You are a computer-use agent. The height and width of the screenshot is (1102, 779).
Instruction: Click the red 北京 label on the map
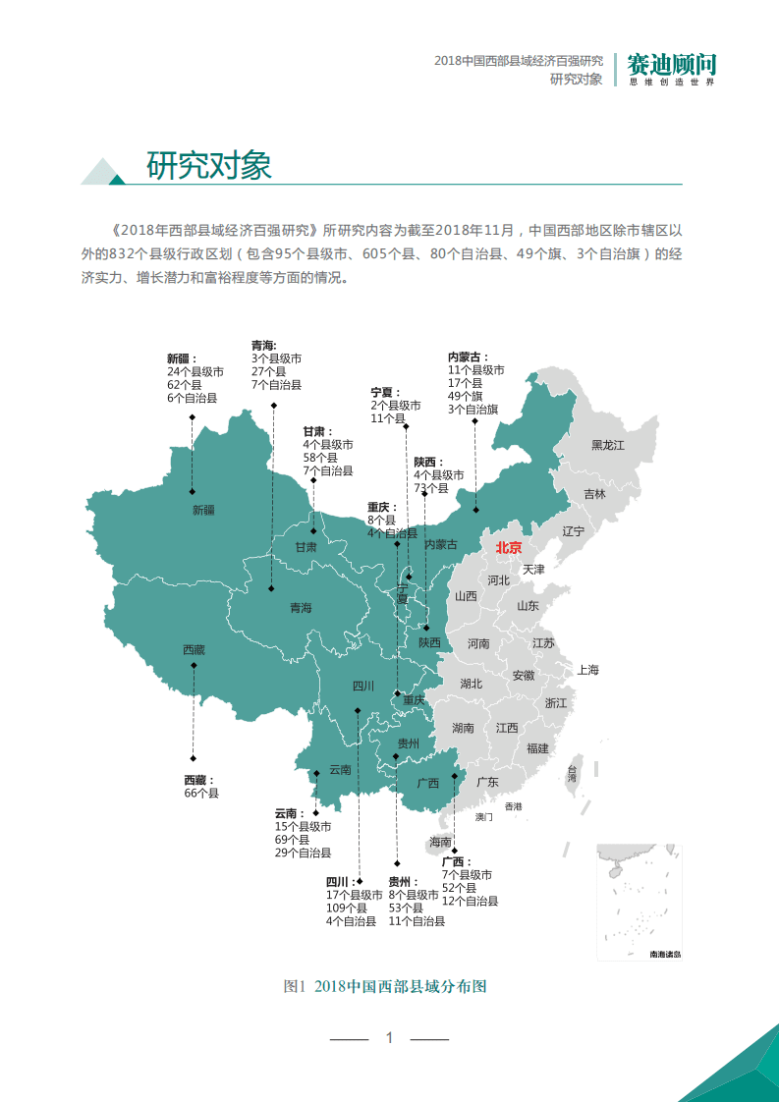click(x=509, y=548)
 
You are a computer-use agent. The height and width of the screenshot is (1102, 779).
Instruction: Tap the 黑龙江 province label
click(x=607, y=445)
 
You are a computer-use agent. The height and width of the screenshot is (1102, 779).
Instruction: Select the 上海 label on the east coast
click(x=587, y=670)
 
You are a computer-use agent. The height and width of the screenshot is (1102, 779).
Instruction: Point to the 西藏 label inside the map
click(x=194, y=649)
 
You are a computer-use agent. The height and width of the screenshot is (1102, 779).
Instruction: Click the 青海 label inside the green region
click(x=301, y=608)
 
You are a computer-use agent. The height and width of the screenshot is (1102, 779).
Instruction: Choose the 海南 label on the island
click(x=440, y=842)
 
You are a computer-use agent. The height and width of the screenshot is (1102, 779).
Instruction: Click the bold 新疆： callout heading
click(x=182, y=359)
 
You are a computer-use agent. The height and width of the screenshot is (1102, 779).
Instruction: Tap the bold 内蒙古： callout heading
click(x=469, y=358)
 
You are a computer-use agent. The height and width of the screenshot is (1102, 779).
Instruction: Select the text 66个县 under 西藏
click(x=201, y=793)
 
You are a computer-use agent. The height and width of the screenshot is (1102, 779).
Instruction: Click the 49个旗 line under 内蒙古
click(x=466, y=396)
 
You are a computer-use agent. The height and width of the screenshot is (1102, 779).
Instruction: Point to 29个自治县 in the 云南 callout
click(x=303, y=853)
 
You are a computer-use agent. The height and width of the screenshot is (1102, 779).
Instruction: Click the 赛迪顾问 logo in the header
click(x=672, y=67)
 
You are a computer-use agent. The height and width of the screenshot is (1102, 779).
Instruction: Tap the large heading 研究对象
click(x=208, y=165)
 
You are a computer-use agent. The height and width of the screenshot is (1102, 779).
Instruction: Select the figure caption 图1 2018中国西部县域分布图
click(x=384, y=986)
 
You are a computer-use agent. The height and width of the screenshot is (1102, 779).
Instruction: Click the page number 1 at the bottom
click(x=389, y=1037)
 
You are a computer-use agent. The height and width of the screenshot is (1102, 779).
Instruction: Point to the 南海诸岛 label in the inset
click(x=664, y=954)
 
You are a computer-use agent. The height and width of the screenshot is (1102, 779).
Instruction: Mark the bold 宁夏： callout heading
click(x=387, y=392)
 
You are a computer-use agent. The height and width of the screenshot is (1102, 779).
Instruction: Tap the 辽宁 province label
click(x=574, y=531)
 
